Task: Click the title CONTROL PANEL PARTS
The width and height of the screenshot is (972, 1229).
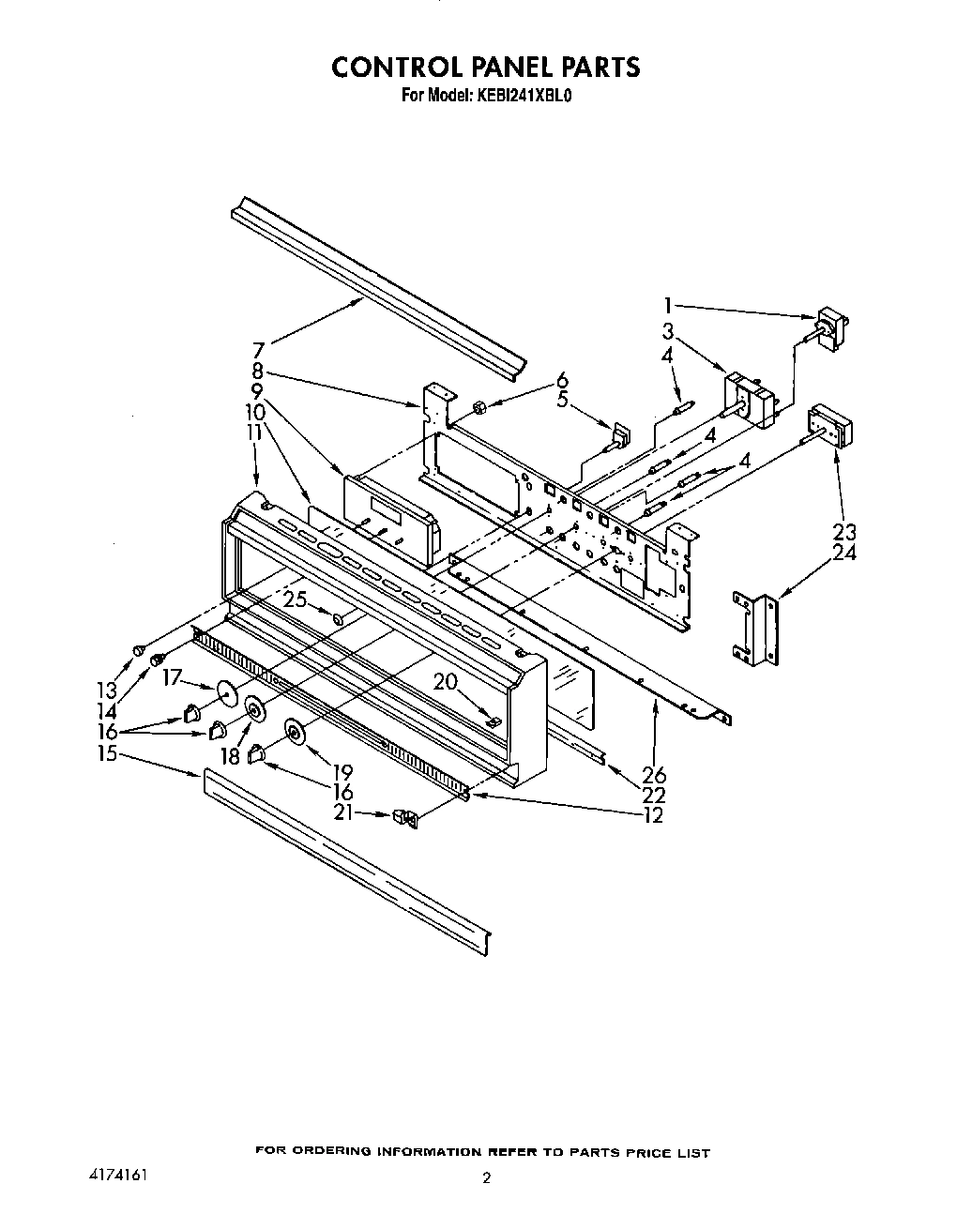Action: (x=486, y=67)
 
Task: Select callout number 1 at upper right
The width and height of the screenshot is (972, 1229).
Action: (x=667, y=304)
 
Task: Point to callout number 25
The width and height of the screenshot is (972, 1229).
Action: (x=296, y=599)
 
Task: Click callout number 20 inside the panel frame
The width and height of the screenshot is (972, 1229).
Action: (x=445, y=681)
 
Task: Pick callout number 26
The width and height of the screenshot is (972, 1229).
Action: (x=653, y=775)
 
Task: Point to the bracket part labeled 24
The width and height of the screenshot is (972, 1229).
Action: (x=757, y=630)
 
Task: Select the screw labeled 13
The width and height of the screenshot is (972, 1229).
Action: (x=139, y=649)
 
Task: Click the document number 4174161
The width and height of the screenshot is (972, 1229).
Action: (x=110, y=1175)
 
